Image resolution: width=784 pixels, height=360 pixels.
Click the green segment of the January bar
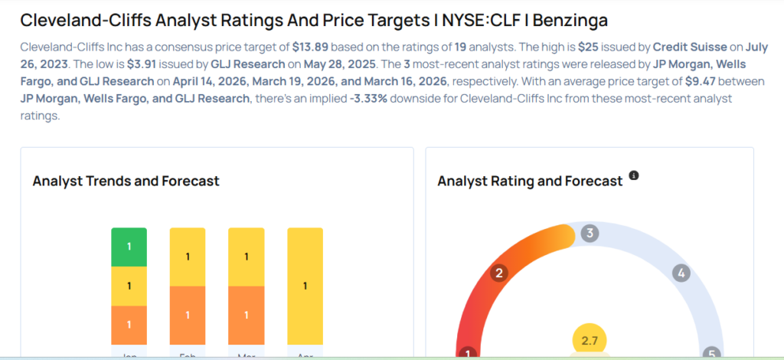coord(129,247)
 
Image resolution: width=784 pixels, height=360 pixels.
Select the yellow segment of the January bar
coord(129,286)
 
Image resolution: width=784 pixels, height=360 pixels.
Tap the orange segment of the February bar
coord(187,316)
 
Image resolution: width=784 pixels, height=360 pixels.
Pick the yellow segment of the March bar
coord(246,257)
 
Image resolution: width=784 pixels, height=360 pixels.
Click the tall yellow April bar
coord(305,286)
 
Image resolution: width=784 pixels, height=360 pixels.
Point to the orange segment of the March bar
coord(246,316)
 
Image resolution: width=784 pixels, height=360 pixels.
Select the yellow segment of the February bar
coord(187,257)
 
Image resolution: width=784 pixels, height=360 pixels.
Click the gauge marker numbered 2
coord(499,273)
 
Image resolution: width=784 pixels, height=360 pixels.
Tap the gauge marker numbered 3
coord(589,234)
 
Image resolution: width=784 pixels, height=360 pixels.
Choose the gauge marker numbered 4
coord(681,273)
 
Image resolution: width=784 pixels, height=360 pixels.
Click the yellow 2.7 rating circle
coord(590,340)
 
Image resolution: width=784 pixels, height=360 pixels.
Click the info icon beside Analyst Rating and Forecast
coord(633,176)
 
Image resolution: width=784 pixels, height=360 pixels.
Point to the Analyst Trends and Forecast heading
coord(126,182)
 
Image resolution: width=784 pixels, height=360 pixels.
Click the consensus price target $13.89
coord(310,47)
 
